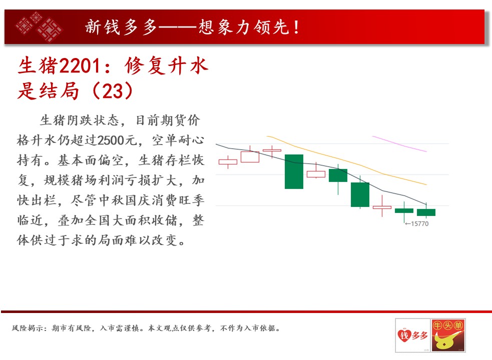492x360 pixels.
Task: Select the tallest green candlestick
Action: click(294, 171)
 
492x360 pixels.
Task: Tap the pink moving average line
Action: click(399, 143)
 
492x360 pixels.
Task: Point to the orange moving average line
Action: click(346, 160)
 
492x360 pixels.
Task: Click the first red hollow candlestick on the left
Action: click(228, 162)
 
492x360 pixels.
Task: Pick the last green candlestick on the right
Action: click(426, 212)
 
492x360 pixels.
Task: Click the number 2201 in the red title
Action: click(80, 66)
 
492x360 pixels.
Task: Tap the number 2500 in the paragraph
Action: click(111, 140)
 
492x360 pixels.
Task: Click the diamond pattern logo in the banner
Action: click(39, 26)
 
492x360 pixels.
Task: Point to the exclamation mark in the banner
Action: click(296, 27)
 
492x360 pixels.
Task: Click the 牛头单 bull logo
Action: click(448, 335)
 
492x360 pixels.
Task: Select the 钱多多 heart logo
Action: click(412, 335)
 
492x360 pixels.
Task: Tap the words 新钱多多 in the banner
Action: click(121, 27)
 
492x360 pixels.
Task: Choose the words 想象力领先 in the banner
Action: click(244, 27)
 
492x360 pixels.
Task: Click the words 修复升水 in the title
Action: click(166, 66)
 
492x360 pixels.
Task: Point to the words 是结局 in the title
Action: click(48, 91)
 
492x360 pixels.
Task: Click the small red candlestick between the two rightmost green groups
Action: click(382, 207)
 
